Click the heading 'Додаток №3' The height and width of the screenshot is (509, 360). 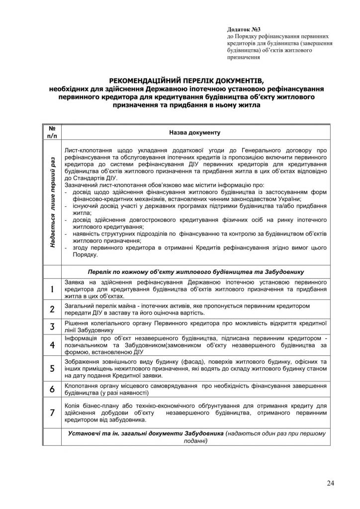coord(242,30)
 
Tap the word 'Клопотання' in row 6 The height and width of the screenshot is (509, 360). coord(83,386)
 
